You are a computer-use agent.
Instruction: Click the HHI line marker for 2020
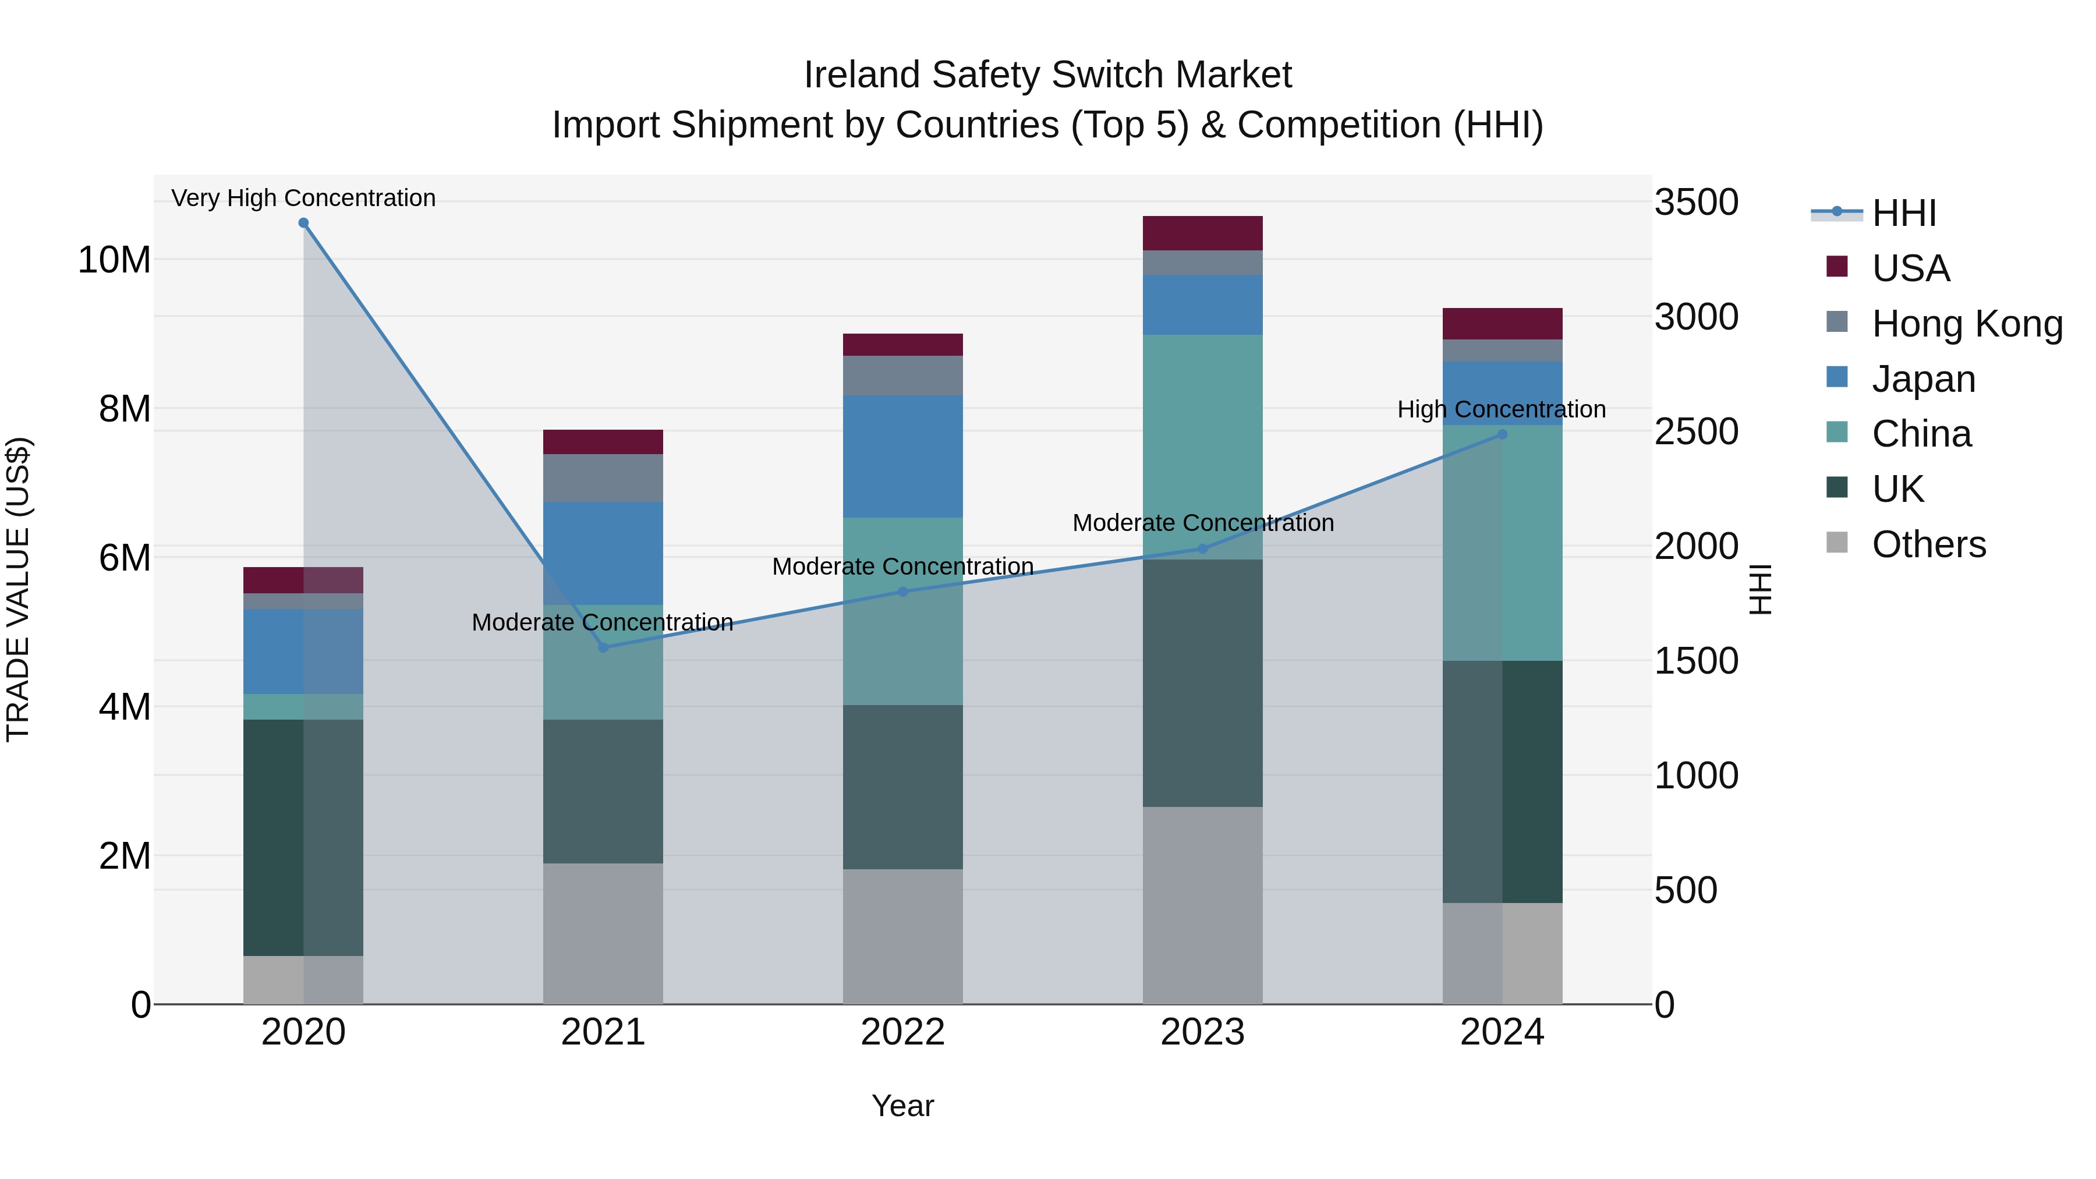click(303, 223)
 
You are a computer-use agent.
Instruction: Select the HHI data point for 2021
click(603, 647)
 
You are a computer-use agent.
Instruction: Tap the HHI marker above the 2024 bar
click(1502, 434)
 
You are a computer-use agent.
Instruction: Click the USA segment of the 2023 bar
click(1203, 233)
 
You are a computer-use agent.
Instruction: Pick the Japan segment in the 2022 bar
click(902, 456)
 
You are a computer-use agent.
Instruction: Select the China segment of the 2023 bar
click(1203, 447)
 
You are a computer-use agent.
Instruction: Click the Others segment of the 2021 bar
click(603, 933)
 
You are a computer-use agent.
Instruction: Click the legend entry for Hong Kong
click(1967, 324)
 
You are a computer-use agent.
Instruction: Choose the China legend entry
click(1921, 434)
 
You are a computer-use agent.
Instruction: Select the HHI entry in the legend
click(1903, 213)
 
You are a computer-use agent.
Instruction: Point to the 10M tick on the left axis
click(114, 260)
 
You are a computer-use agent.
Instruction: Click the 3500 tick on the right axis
click(1697, 202)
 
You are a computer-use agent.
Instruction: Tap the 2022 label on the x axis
click(902, 1032)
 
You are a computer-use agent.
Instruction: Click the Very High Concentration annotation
click(303, 198)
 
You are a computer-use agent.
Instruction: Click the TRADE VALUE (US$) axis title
click(18, 589)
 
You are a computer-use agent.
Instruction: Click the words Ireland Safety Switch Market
click(1047, 75)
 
